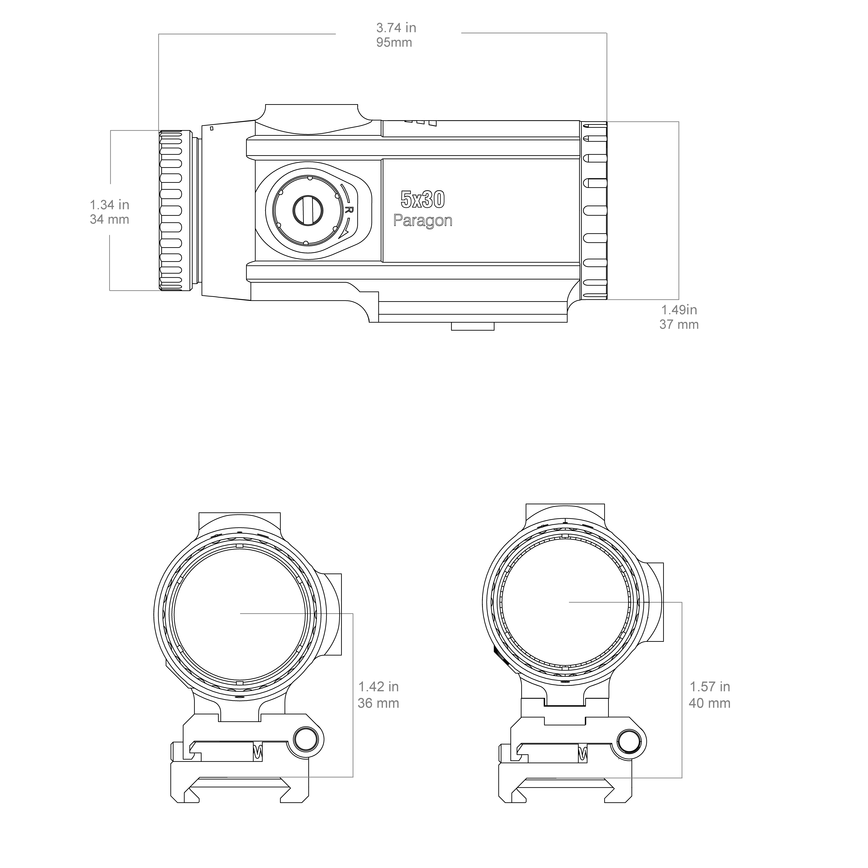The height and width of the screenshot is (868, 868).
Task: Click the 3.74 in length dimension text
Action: point(396,28)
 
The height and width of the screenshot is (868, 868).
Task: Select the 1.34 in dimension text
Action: point(110,205)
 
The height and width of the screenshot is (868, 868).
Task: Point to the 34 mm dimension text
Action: point(110,220)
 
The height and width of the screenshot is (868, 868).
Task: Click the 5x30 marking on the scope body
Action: point(423,199)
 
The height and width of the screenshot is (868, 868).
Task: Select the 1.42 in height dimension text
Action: point(378,687)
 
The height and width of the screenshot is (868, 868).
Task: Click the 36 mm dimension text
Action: point(378,703)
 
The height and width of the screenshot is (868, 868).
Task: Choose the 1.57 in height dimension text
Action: point(710,687)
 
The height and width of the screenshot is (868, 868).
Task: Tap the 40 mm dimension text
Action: point(710,703)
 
